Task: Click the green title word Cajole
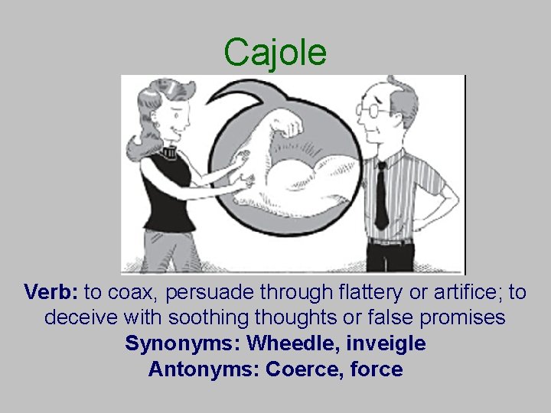[275, 52]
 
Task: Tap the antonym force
[376, 369]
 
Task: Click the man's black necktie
[380, 195]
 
